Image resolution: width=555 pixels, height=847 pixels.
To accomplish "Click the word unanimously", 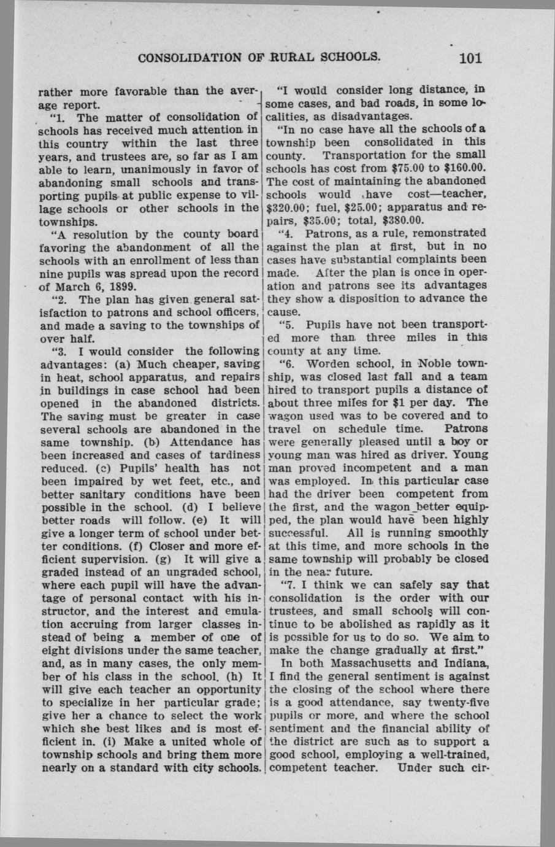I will click(x=150, y=168).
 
